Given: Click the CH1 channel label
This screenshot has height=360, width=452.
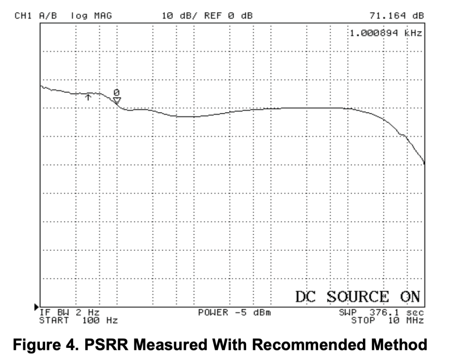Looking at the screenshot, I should click(x=23, y=16).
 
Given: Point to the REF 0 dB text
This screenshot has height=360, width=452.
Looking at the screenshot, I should click(x=229, y=16).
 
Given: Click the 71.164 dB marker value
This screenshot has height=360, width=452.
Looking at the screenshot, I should click(x=397, y=16).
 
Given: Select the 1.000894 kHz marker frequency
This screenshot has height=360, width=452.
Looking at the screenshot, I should click(x=385, y=33).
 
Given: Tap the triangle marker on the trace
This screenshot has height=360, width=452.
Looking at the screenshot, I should click(x=117, y=100).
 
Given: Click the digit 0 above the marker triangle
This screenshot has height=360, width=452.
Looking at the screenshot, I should click(x=117, y=92).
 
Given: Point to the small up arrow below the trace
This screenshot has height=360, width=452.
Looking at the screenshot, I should click(x=88, y=97).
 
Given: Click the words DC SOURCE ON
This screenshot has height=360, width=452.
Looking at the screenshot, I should click(x=357, y=296).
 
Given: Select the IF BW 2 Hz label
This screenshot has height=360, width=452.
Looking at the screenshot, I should click(x=69, y=312).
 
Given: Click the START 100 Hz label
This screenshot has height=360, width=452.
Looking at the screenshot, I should click(x=78, y=321).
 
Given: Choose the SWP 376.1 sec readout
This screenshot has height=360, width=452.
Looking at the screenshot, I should click(x=381, y=312).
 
